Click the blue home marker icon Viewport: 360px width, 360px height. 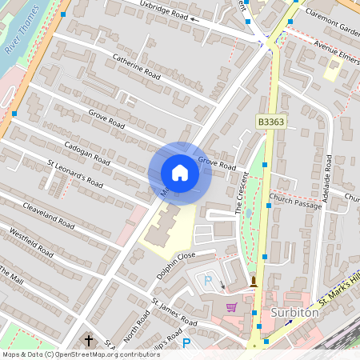point(180,173)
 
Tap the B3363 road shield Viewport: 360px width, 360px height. point(271,121)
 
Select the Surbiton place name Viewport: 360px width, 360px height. point(295,313)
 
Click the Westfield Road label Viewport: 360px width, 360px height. point(31,242)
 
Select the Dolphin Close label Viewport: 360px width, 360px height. point(176,263)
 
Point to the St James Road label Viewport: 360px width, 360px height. point(174,313)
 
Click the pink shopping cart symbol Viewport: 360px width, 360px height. point(231,307)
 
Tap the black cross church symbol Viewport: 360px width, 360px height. point(88,339)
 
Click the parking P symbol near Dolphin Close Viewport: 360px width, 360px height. point(208,282)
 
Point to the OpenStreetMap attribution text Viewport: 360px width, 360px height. point(81,354)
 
